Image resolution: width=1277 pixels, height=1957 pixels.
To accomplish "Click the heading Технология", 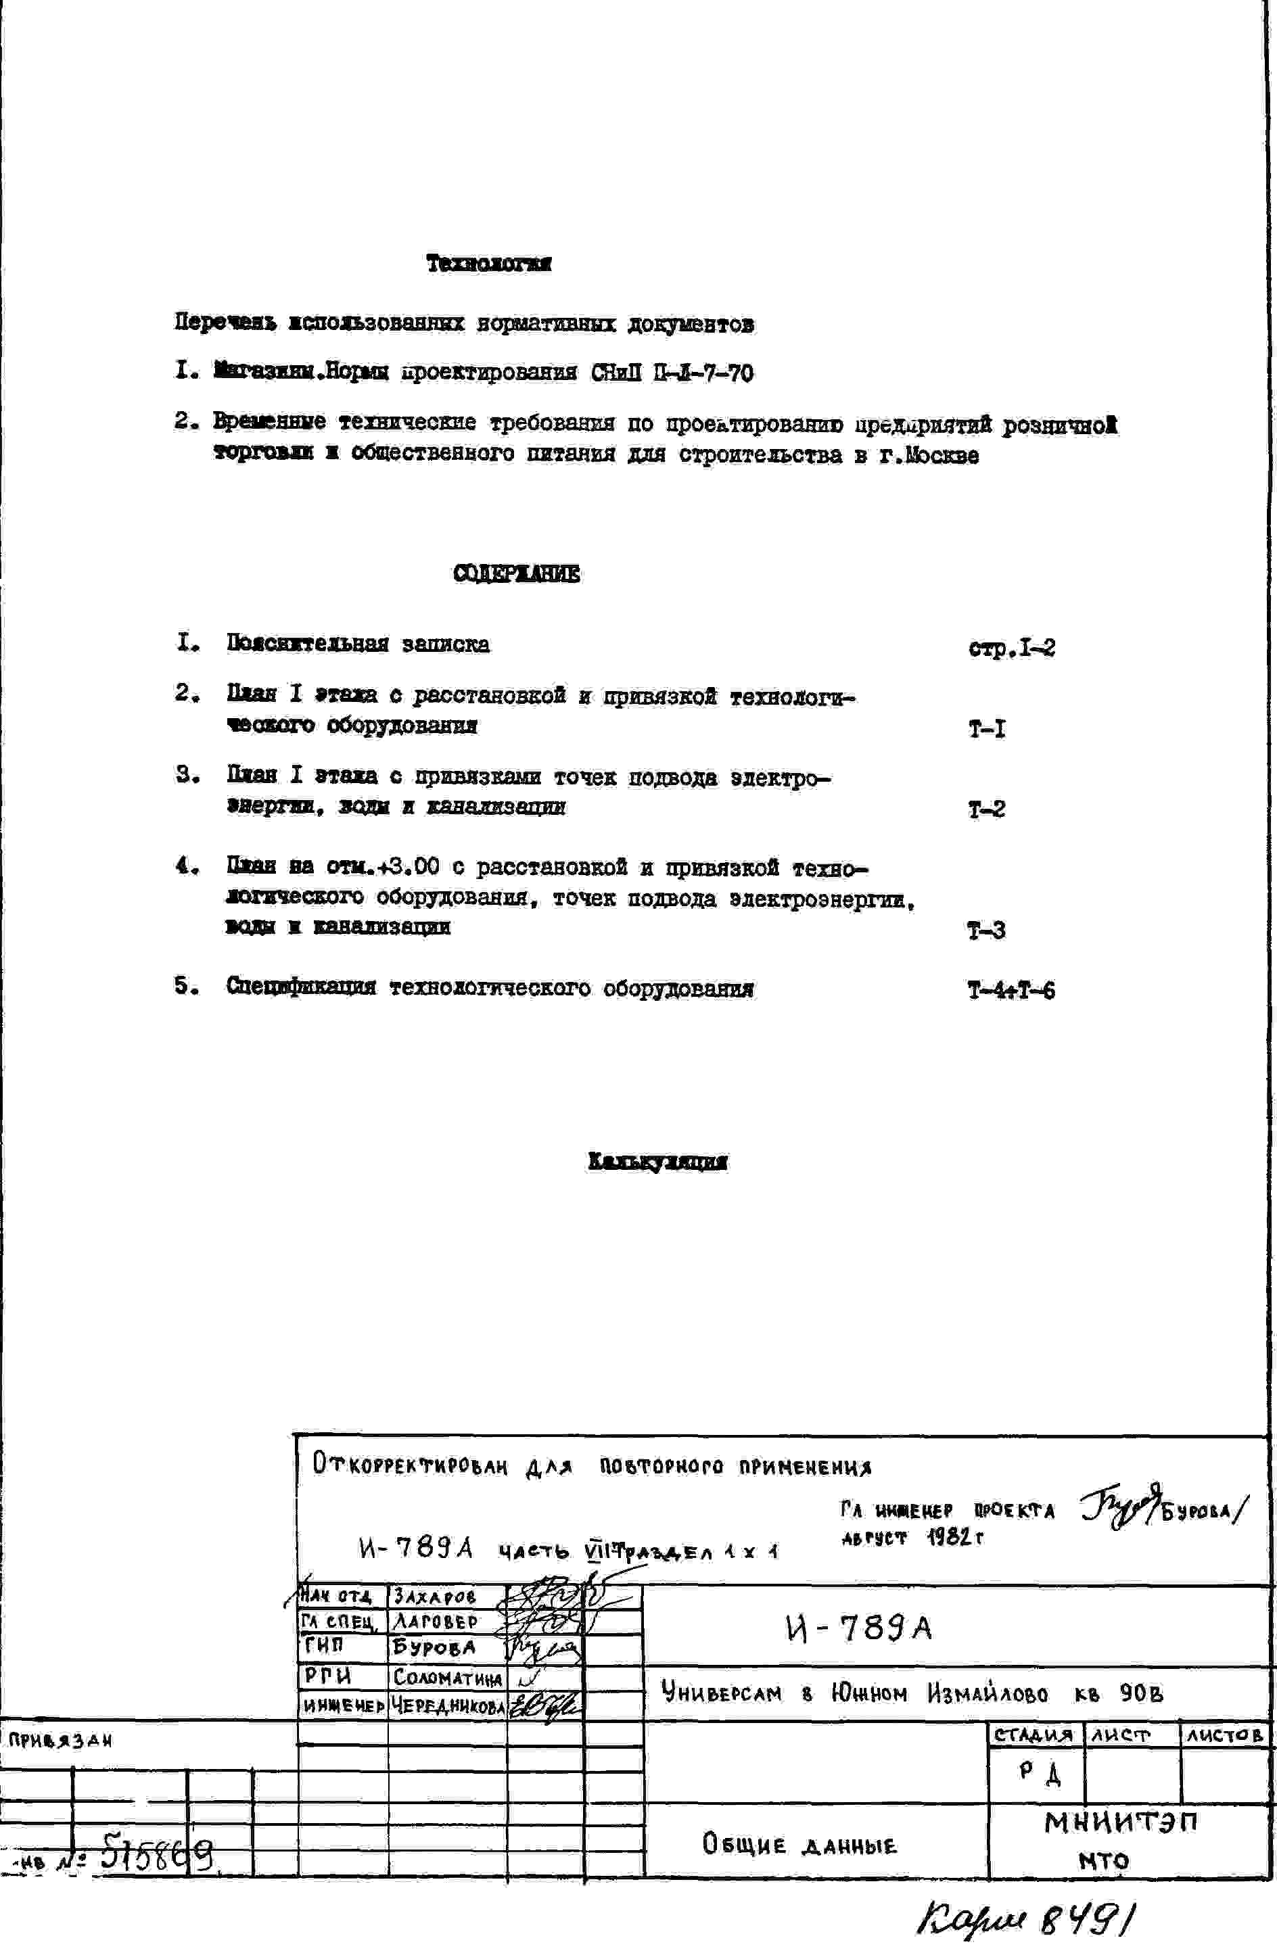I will click(x=488, y=264).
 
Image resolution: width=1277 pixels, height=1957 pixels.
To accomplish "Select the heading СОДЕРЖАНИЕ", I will click(x=516, y=574).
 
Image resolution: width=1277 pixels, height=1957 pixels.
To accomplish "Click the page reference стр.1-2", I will click(x=1011, y=649).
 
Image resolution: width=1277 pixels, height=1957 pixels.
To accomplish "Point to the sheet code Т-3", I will click(x=986, y=930).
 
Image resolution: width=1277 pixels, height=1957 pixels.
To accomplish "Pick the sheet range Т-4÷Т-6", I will click(x=1011, y=991).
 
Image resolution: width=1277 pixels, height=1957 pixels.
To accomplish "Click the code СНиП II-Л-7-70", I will click(x=671, y=374).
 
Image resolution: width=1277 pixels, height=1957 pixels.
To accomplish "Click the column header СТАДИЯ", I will click(x=1034, y=1735).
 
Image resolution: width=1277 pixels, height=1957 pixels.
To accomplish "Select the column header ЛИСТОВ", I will click(x=1224, y=1735).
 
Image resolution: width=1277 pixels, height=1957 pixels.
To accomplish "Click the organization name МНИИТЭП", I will click(x=1121, y=1822).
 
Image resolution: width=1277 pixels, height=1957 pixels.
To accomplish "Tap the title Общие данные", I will click(x=798, y=1845).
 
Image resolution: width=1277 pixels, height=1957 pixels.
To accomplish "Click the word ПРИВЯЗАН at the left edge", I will click(x=60, y=1740).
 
